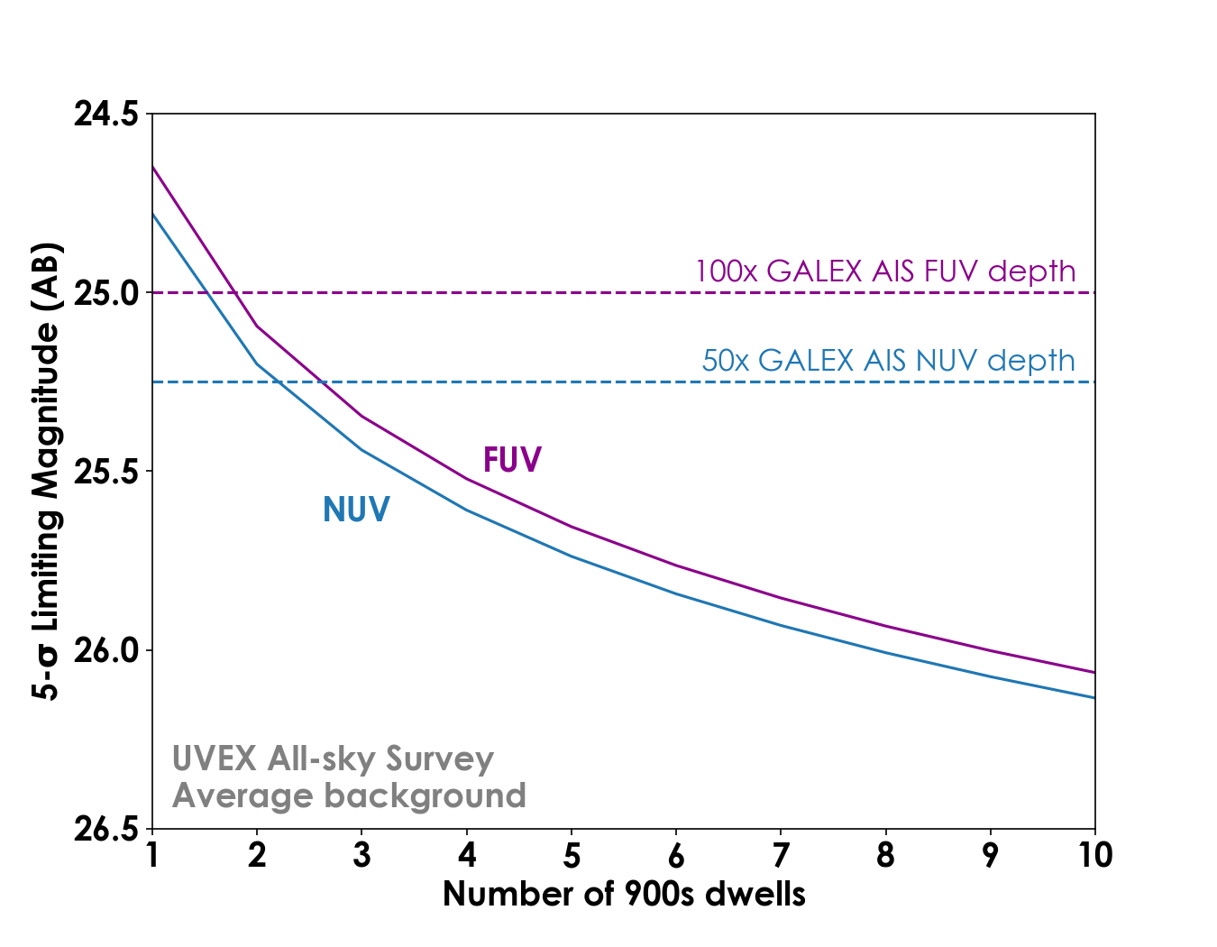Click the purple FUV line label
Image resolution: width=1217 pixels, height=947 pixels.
512,460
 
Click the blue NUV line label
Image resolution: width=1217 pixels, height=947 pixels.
356,510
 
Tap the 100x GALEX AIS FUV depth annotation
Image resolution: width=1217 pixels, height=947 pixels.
884,271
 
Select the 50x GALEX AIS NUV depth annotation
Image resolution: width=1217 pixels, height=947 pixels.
888,361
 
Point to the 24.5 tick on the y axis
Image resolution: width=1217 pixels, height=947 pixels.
105,115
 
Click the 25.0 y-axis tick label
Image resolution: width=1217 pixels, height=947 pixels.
105,293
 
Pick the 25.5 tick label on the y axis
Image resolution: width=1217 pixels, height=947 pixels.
105,472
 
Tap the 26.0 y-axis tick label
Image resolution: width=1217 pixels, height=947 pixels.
105,650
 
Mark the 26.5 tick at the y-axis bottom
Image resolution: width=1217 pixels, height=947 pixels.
105,829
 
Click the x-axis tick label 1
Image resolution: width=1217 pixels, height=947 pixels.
152,855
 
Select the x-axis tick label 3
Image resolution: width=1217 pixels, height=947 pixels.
361,855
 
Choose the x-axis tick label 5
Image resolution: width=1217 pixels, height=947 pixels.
572,855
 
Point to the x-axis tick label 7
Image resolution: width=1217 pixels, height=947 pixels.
781,855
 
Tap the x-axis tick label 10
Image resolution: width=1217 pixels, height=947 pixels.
1094,855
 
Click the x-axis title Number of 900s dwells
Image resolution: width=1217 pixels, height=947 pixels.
624,894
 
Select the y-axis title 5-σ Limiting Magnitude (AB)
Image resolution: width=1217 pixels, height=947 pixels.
46,471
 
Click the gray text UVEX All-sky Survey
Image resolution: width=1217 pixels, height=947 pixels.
333,759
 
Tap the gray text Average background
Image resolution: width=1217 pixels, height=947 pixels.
349,796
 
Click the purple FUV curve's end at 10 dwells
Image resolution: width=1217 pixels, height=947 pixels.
1093,672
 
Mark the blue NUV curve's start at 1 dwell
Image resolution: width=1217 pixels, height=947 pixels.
153,214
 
